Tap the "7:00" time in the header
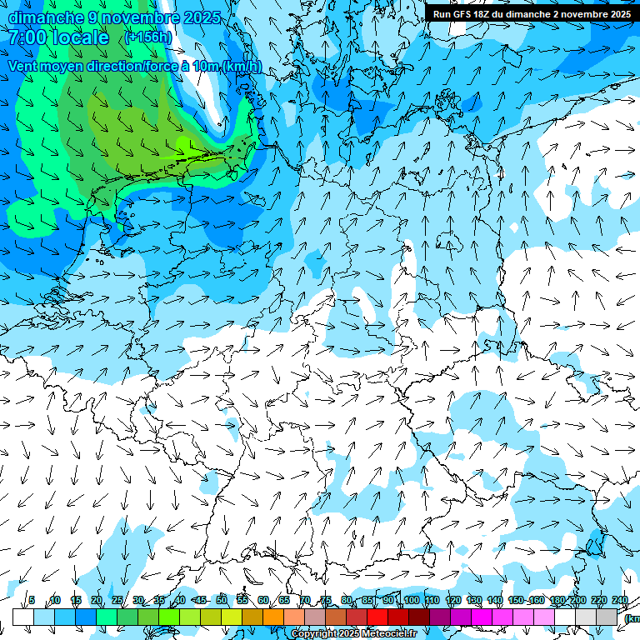[x=29, y=37]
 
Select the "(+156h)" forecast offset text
[x=148, y=37]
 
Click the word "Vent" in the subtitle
[x=24, y=66]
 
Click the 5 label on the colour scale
[x=32, y=600]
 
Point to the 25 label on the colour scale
[x=117, y=600]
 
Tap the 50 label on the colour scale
[x=221, y=600]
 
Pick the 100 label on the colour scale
[x=411, y=600]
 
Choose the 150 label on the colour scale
[x=516, y=600]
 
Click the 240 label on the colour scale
[x=619, y=600]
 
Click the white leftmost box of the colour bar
[x=22, y=617]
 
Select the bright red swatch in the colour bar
[x=377, y=617]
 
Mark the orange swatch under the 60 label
[x=273, y=617]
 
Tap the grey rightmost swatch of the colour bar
[x=607, y=617]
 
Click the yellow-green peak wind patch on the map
[x=188, y=145]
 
